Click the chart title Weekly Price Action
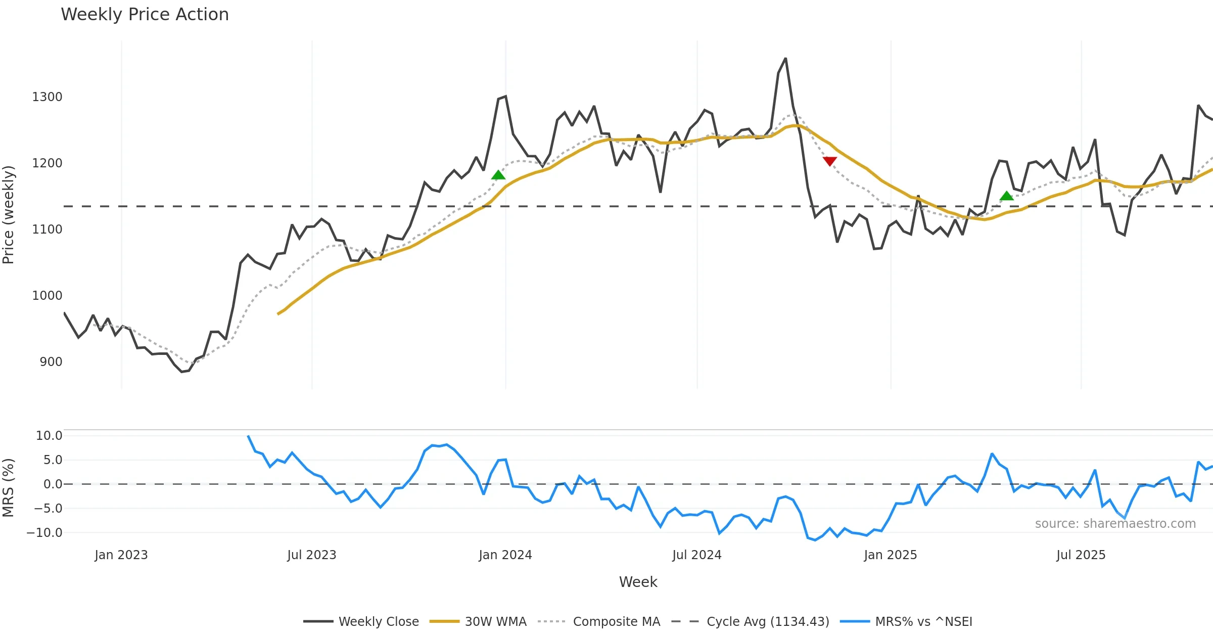145,15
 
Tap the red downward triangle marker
829,161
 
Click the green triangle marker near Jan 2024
498,175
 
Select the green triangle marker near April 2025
1006,196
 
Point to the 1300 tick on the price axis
47,97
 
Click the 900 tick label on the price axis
51,362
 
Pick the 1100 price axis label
47,230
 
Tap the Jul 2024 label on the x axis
696,555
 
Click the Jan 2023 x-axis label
121,555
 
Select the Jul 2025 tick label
1081,555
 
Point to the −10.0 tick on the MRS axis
44,533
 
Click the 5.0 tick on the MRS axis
53,460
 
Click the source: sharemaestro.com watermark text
1115,524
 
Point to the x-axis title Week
638,582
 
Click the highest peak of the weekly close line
785,59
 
